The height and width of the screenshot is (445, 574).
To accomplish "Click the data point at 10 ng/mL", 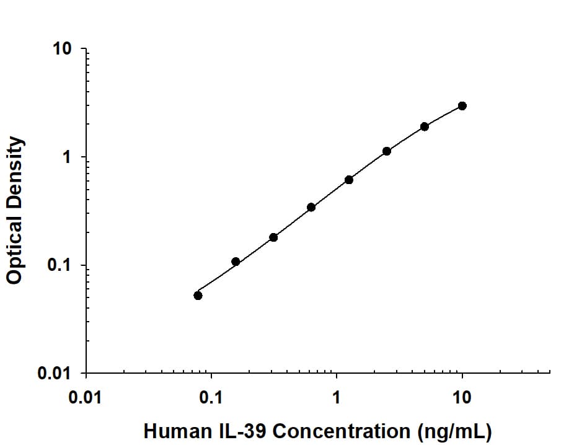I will point(462,106).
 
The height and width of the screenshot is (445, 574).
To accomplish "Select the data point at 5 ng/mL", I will point(425,126).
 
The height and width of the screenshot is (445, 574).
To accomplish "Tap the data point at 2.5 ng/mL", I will point(387,151).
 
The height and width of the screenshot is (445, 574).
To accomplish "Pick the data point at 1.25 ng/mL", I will point(349,180).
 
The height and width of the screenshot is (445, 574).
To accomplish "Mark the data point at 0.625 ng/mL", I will point(311,207).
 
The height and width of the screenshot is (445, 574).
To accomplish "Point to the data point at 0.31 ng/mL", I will point(273,237).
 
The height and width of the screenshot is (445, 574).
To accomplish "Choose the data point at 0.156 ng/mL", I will point(236,262).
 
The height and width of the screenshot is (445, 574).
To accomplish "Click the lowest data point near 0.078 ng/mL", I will point(198,296).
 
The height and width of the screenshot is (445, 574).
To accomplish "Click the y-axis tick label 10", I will point(63,49).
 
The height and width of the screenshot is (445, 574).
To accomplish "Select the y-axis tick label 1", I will point(67,157).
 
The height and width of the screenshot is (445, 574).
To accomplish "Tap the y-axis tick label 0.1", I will point(60,266).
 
